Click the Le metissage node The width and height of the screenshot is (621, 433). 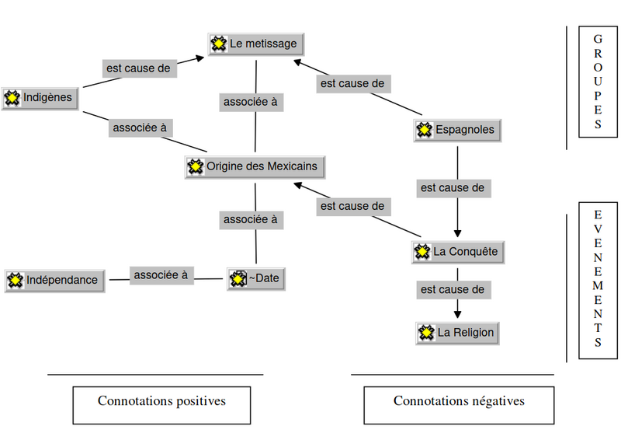pos(256,44)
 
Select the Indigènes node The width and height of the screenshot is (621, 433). pos(40,98)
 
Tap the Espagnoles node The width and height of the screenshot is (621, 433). pos(457,130)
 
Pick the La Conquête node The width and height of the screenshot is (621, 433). pos(457,252)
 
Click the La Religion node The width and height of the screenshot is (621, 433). pos(456,333)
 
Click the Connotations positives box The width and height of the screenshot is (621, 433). pos(161,402)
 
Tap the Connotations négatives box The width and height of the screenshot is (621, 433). pos(459,402)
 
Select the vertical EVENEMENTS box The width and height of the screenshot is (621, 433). pos(597,278)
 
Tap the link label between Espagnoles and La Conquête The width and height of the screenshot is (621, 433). pos(453,187)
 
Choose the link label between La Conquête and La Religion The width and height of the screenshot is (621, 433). pos(453,290)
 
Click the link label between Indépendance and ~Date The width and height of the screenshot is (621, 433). pos(161,274)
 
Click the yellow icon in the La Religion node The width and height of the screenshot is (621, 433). pos(425,333)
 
